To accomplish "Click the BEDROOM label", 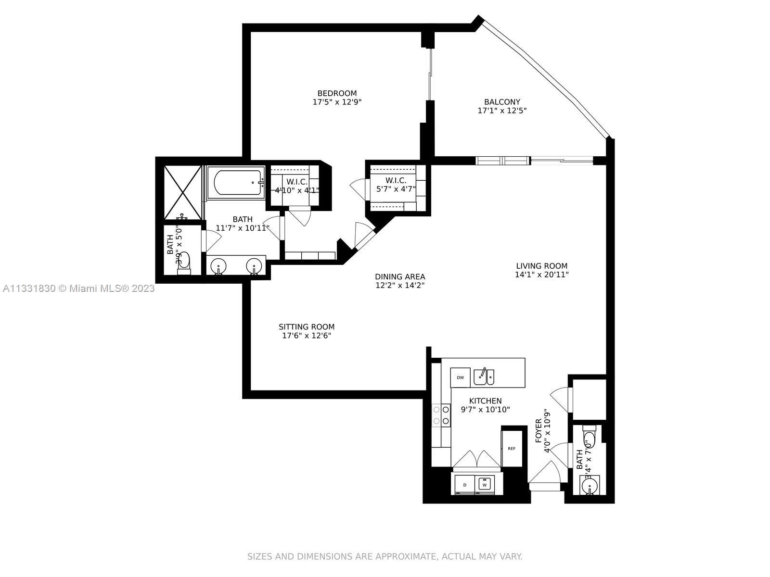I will (337, 93).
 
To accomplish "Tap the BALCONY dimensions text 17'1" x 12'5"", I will (502, 111).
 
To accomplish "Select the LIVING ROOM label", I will (541, 266).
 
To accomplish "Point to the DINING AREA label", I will (400, 276).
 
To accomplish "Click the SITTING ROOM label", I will (307, 326).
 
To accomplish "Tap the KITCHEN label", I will (485, 401).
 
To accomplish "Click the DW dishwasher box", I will (460, 377).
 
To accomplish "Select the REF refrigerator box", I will (511, 448).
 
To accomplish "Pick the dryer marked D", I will (465, 484).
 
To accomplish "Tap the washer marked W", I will (485, 484).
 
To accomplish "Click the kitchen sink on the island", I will (484, 377).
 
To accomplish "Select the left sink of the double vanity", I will (219, 266).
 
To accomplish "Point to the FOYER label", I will (539, 430).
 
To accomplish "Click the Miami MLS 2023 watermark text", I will (78, 288).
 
